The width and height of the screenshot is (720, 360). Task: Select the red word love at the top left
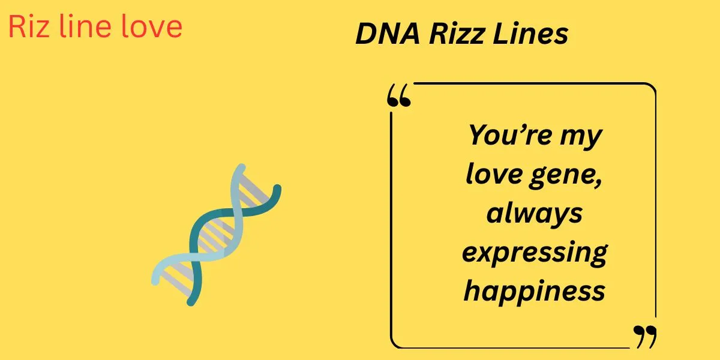(149, 27)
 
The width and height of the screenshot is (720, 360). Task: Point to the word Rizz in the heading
(451, 34)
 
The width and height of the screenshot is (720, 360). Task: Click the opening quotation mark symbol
(400, 96)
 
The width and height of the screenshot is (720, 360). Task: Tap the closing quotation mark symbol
(646, 337)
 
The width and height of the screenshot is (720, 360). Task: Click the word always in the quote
(534, 214)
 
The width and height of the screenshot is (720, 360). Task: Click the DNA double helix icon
(216, 234)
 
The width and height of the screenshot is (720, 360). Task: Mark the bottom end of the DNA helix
(191, 302)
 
